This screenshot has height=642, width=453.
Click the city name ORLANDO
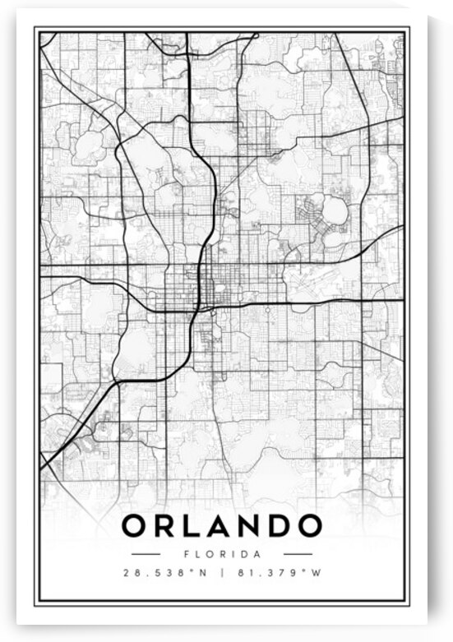(221, 525)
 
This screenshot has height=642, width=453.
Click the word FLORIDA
(221, 554)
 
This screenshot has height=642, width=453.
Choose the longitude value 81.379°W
(278, 573)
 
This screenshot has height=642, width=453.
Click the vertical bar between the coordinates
(222, 573)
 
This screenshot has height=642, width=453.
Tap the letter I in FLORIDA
(233, 554)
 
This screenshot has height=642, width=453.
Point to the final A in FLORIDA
(257, 554)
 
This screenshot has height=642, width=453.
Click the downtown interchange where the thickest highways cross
(198, 310)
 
